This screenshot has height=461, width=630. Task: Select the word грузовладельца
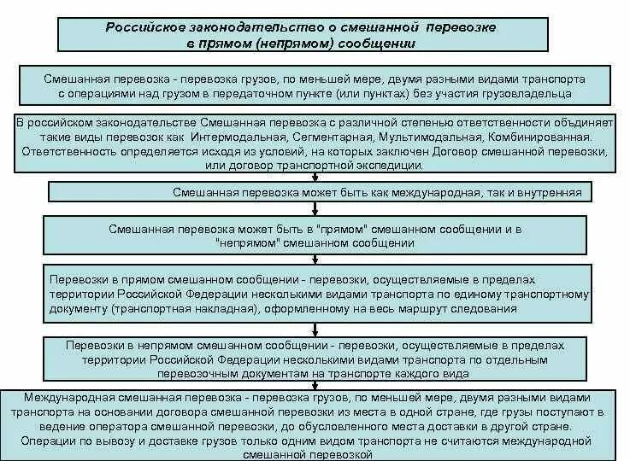(531, 93)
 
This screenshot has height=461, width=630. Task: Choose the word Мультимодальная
(486, 137)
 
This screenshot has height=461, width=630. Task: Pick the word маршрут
(425, 306)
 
